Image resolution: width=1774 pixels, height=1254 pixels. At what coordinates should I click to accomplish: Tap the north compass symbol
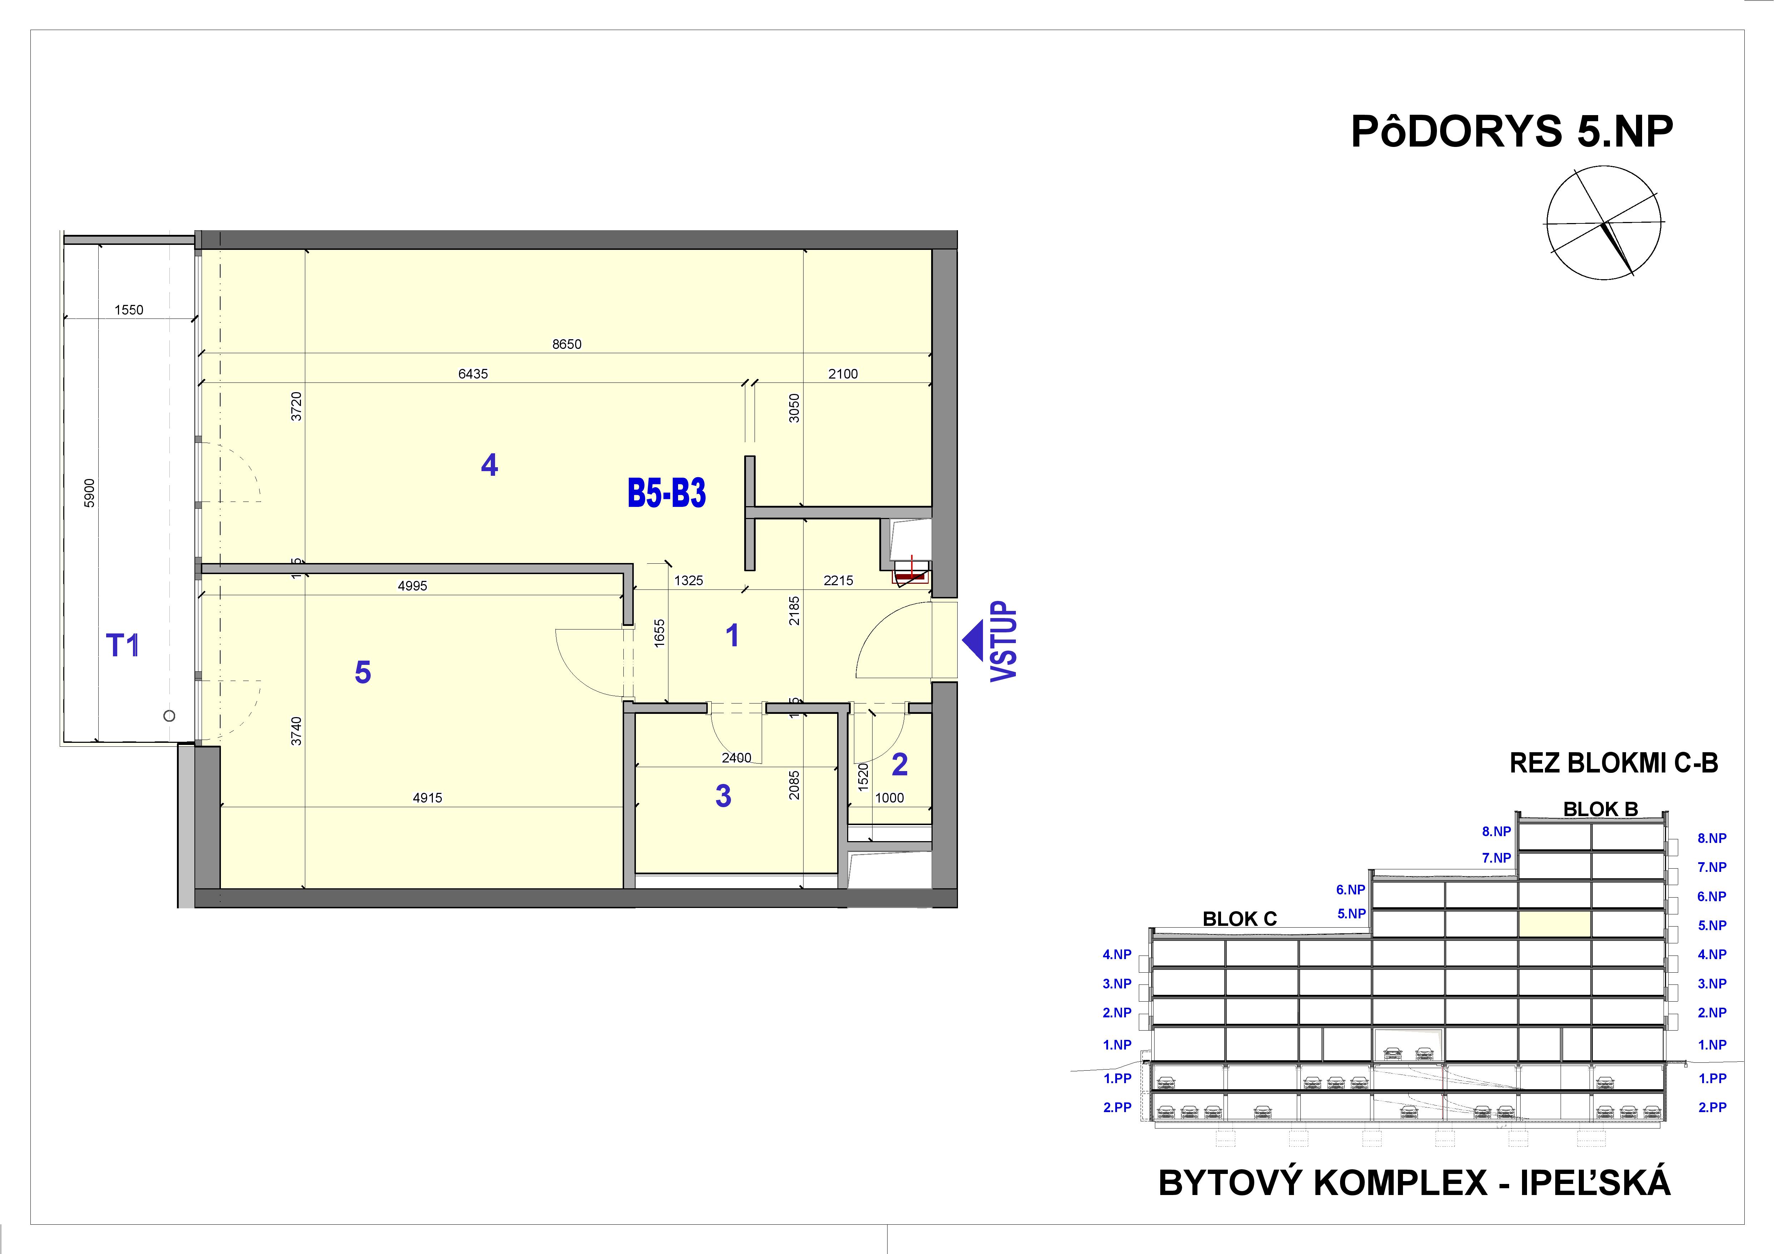click(1604, 223)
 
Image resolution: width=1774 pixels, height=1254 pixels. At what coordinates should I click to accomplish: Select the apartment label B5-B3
click(666, 494)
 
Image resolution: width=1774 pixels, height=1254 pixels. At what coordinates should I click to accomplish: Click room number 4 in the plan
click(489, 465)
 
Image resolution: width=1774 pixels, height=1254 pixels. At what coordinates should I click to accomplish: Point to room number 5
click(362, 673)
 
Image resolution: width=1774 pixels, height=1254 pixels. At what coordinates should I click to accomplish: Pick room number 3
click(723, 796)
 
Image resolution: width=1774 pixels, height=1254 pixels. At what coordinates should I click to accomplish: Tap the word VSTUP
click(1004, 641)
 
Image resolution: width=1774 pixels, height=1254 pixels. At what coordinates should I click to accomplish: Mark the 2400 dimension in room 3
click(736, 758)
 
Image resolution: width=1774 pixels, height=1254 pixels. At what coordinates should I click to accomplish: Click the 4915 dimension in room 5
click(427, 798)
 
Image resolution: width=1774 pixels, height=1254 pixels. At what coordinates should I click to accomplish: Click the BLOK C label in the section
click(1239, 919)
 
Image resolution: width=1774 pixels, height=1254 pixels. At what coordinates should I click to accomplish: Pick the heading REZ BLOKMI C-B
click(1613, 763)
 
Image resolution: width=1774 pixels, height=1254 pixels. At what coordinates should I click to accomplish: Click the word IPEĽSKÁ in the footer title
click(1596, 1183)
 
